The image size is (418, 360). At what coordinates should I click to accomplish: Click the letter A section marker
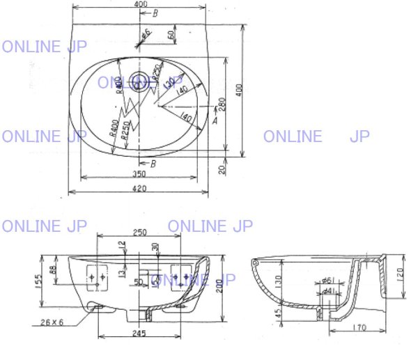point(215,120)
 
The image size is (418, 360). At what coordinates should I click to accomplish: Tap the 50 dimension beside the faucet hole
point(170,35)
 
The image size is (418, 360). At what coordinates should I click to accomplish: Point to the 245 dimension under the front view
point(140,334)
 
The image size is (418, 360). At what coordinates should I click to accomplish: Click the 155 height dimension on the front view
point(40,281)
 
